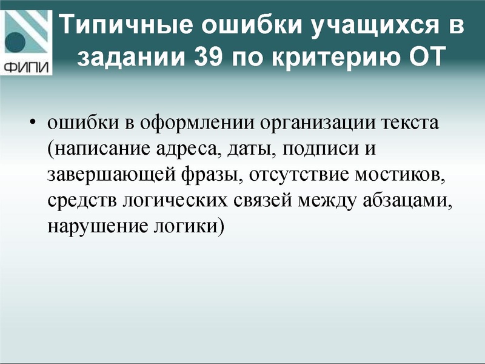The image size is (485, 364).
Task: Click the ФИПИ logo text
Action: (x=27, y=66)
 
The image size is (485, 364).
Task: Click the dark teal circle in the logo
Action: (x=16, y=42)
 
